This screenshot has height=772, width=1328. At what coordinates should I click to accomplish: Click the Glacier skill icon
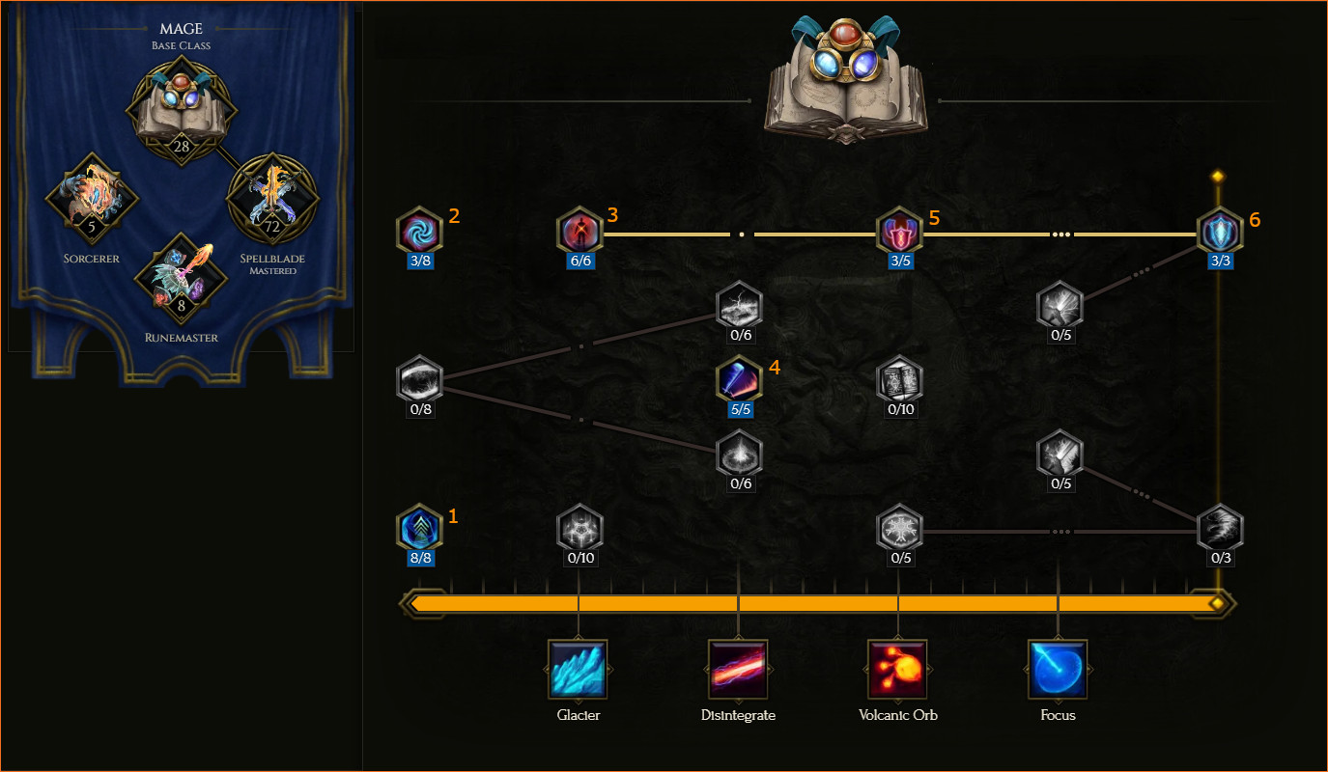pyautogui.click(x=578, y=669)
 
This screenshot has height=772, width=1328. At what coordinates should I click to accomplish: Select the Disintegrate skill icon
pyautogui.click(x=738, y=669)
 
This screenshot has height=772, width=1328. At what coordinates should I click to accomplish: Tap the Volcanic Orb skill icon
pyautogui.click(x=897, y=669)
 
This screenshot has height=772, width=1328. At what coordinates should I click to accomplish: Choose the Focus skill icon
pyautogui.click(x=1058, y=669)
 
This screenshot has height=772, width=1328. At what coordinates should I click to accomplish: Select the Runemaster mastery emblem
pyautogui.click(x=182, y=279)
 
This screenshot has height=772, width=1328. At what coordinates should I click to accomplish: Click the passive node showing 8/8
pyautogui.click(x=420, y=527)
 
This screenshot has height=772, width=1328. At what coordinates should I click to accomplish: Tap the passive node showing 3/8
pyautogui.click(x=420, y=231)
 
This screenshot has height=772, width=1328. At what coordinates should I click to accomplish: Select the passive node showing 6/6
pyautogui.click(x=579, y=231)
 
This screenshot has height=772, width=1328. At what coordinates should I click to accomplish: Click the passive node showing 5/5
pyautogui.click(x=739, y=379)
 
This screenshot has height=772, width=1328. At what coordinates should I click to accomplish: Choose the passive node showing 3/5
pyautogui.click(x=899, y=231)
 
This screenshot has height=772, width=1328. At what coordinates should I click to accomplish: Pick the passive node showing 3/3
pyautogui.click(x=1220, y=231)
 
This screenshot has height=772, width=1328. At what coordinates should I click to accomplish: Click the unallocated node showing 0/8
pyautogui.click(x=420, y=379)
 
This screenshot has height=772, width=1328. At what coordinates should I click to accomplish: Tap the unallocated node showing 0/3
pyautogui.click(x=1220, y=527)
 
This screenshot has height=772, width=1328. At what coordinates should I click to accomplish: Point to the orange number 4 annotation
pyautogui.click(x=775, y=368)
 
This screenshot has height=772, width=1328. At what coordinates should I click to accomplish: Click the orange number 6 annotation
pyautogui.click(x=1255, y=220)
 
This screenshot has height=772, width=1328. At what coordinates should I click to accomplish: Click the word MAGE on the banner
pyautogui.click(x=181, y=28)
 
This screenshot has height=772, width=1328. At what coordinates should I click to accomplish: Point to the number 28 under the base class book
pyautogui.click(x=182, y=146)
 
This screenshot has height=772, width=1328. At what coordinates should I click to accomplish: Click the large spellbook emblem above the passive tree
pyautogui.click(x=846, y=80)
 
